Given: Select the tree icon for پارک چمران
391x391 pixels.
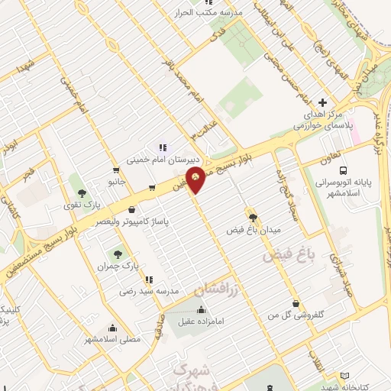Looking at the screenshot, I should point(118,254).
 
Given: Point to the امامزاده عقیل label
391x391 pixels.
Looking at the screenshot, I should point(202,322).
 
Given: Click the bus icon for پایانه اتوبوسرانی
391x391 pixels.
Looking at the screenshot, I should point(342,170).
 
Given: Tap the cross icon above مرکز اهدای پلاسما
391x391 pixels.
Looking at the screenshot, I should point(323,102).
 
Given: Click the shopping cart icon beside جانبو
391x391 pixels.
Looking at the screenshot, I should point(115,171).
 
